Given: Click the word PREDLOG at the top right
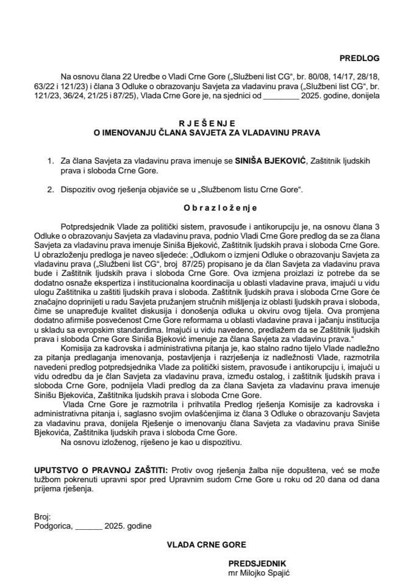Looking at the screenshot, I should (x=359, y=59).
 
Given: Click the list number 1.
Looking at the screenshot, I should (x=49, y=160).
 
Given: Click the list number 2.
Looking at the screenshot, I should (x=49, y=189).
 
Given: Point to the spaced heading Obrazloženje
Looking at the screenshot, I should (x=207, y=208).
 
